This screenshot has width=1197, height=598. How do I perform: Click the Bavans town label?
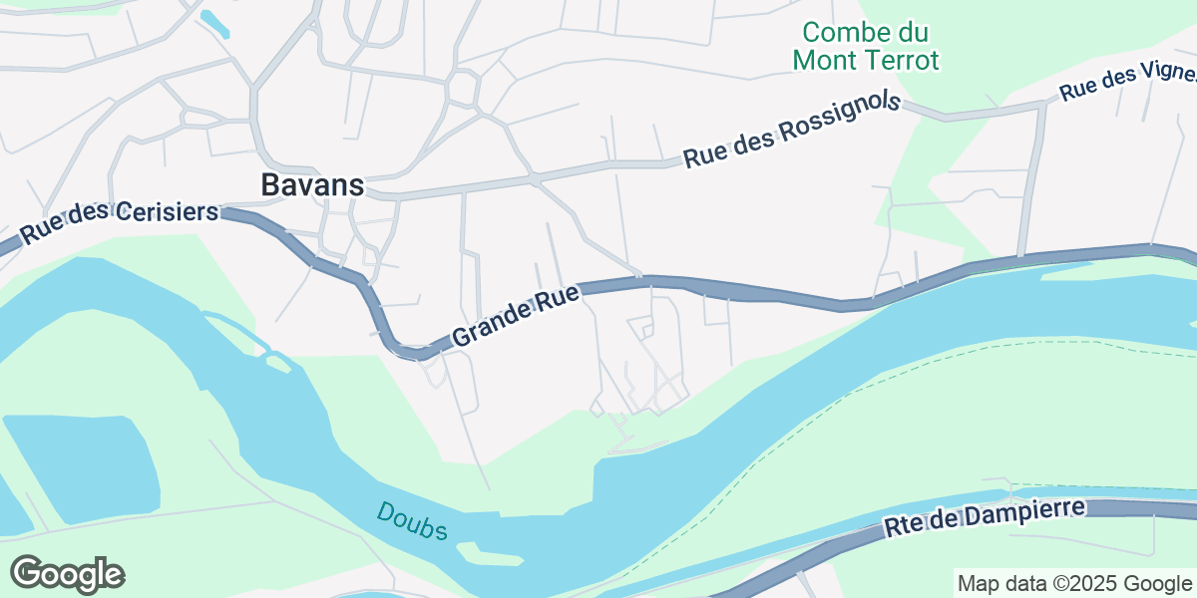[312, 184]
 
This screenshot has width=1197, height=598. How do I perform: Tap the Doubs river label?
[412, 521]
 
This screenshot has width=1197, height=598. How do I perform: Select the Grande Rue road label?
[516, 315]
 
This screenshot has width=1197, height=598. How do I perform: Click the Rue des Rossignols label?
[792, 130]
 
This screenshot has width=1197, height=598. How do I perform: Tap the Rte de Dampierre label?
[985, 517]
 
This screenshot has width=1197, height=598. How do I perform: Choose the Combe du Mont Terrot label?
[865, 46]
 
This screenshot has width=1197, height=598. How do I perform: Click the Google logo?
[68, 573]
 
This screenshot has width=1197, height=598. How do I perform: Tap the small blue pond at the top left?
[215, 24]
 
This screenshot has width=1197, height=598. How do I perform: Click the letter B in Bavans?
[270, 184]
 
